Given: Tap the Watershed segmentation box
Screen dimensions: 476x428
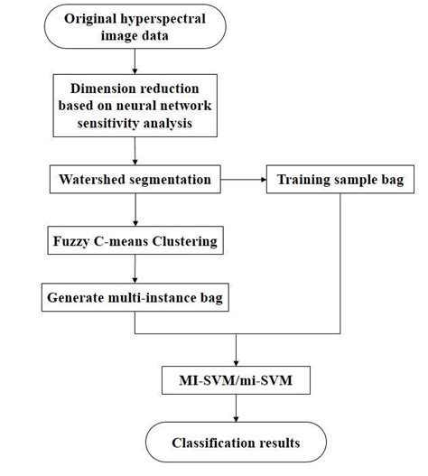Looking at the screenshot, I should [135, 179].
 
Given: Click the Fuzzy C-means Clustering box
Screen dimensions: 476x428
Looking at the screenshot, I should [135, 241].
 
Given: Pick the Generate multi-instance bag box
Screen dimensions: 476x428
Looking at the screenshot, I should [135, 295].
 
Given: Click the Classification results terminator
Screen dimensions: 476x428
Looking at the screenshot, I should [236, 443].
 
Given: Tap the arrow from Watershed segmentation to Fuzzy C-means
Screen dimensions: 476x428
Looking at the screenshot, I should [135, 210].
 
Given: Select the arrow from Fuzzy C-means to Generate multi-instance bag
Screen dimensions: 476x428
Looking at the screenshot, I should [135, 268].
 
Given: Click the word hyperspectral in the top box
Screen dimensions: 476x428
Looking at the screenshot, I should [171, 18].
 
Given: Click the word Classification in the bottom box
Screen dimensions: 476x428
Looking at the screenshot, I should [212, 443].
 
